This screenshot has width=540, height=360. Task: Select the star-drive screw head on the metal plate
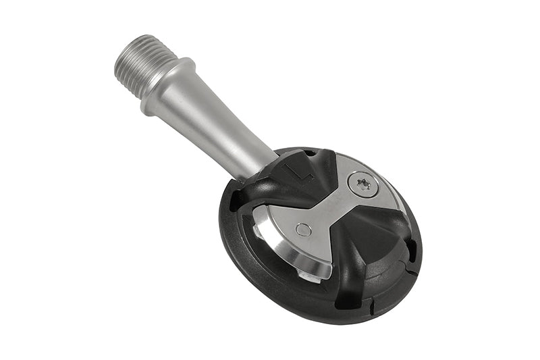pyautogui.click(x=363, y=183)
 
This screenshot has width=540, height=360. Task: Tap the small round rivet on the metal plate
pyautogui.click(x=304, y=230)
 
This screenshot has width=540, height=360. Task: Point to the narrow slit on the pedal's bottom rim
pyautogui.click(x=371, y=305)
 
